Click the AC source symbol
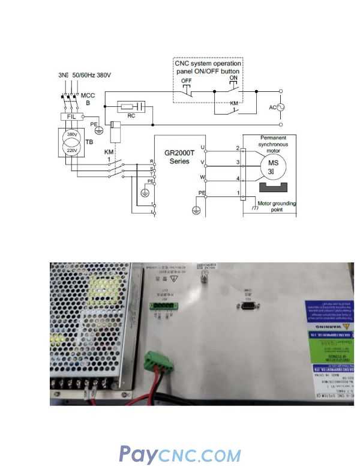click(278, 107)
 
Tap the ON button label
click(233, 77)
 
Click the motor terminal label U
click(203, 147)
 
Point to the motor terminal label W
click(203, 178)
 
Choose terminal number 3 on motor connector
click(238, 163)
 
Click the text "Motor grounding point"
click(277, 207)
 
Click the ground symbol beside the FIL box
click(99, 129)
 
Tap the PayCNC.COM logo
click(180, 454)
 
